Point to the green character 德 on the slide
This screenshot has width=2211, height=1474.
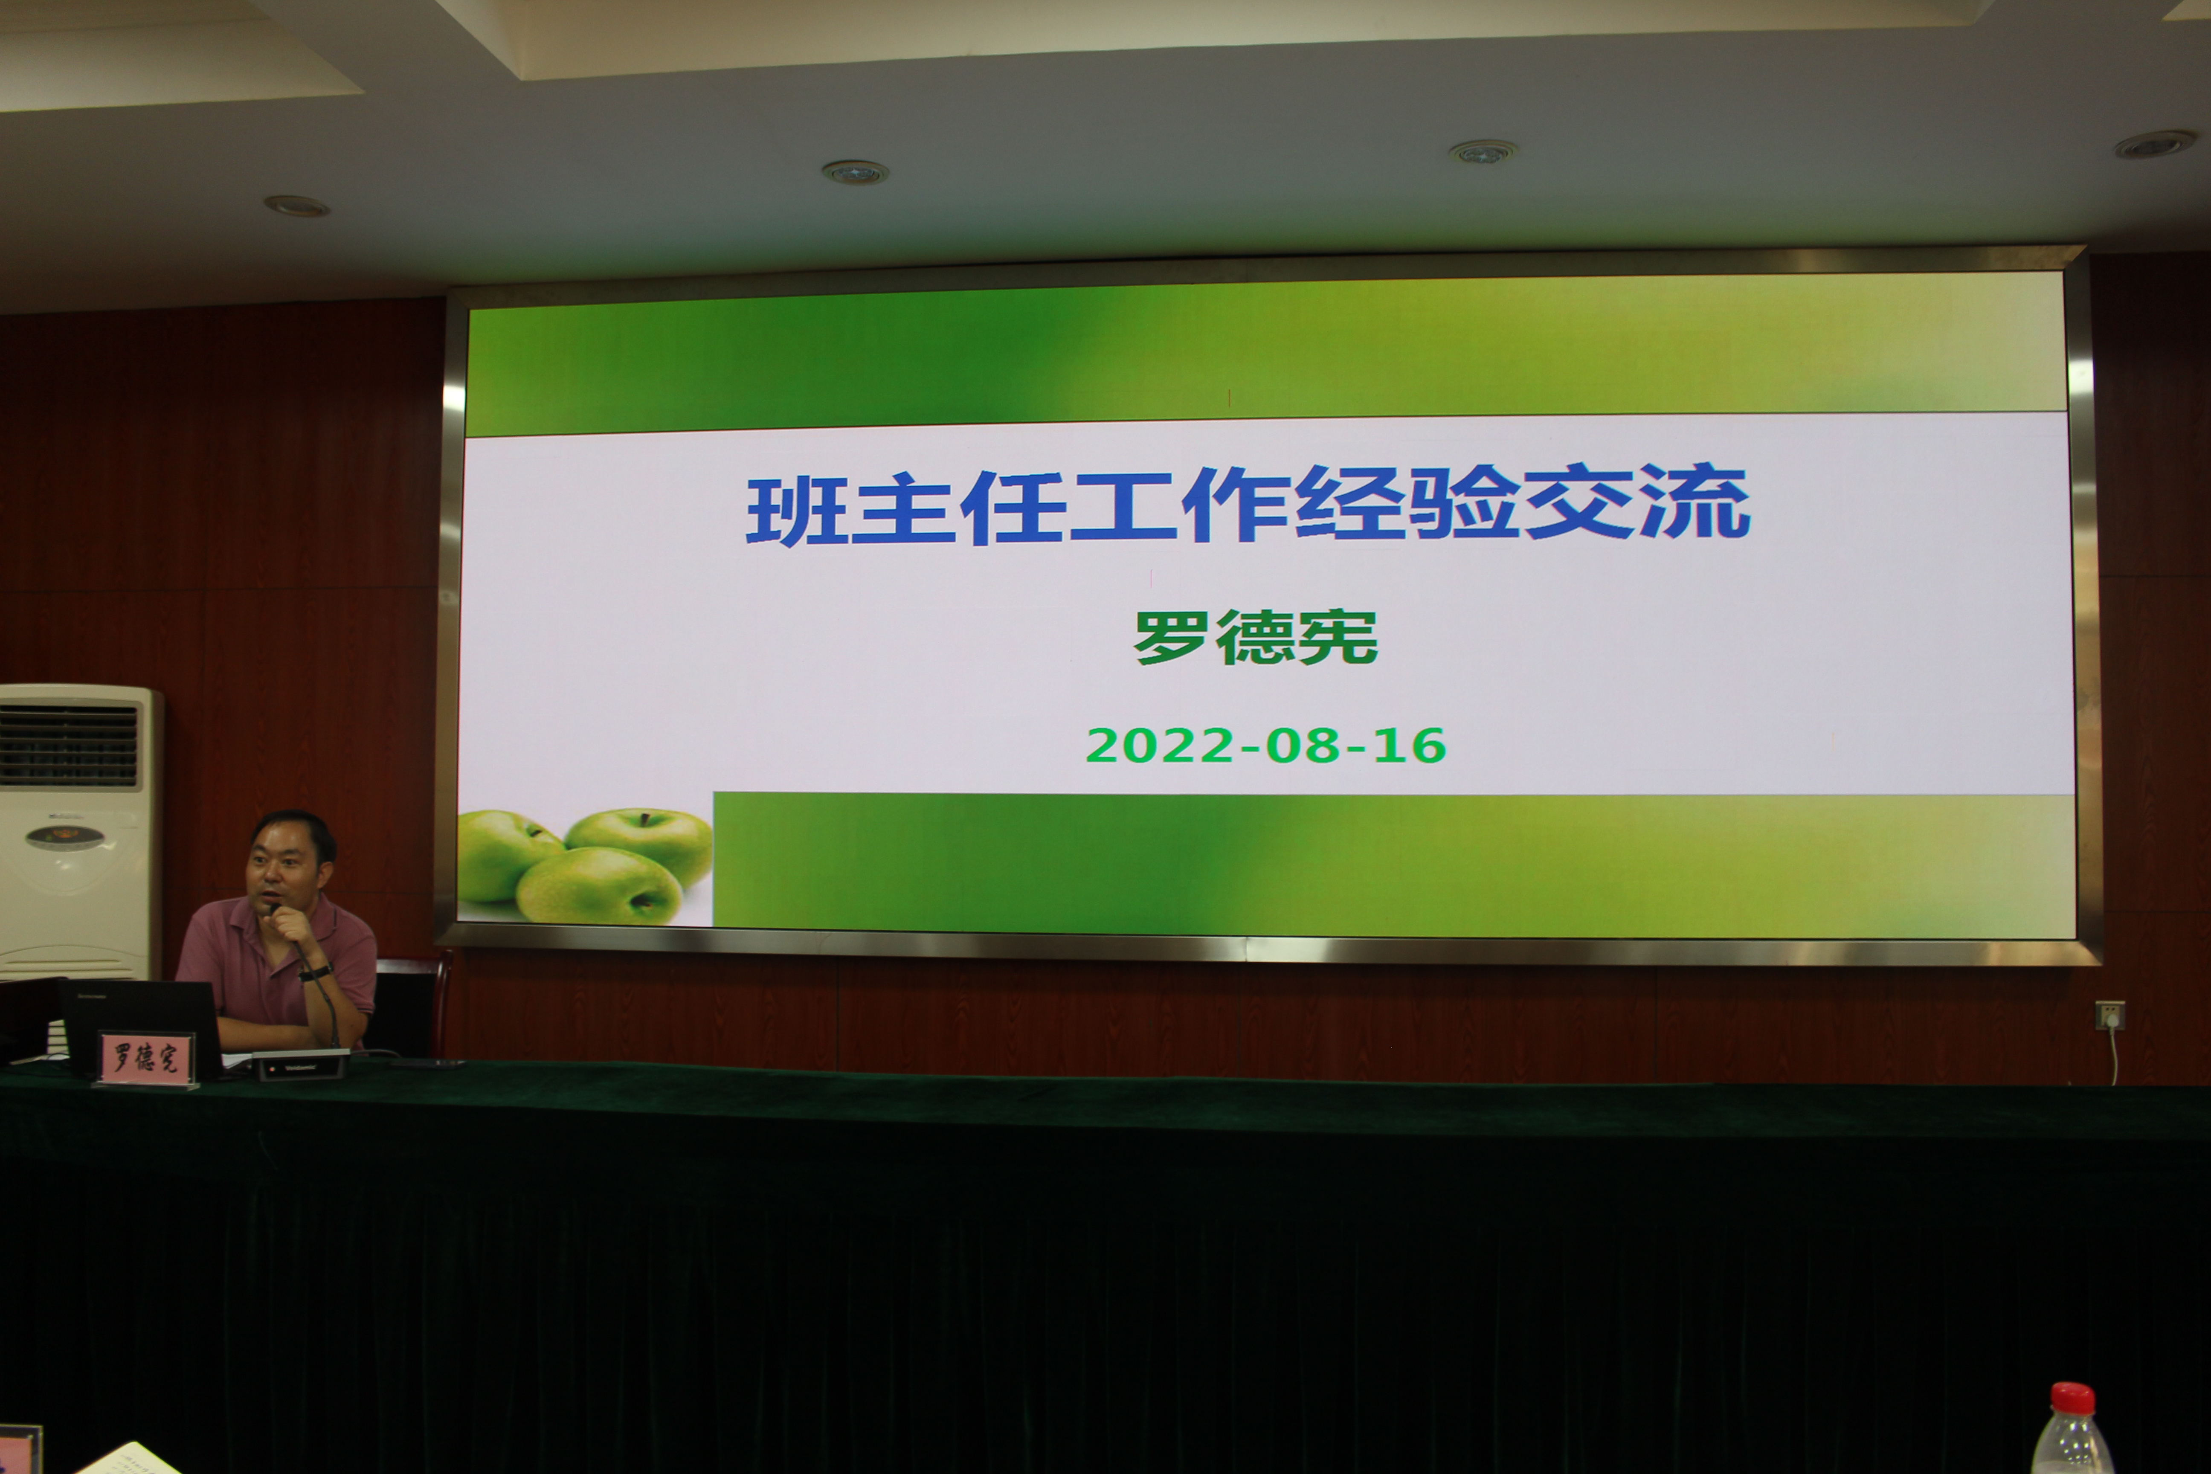click(1256, 637)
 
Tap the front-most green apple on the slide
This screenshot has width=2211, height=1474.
click(599, 885)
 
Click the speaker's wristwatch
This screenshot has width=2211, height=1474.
click(316, 972)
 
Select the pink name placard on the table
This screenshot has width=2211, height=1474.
click(146, 1058)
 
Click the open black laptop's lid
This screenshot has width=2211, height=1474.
click(141, 1024)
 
